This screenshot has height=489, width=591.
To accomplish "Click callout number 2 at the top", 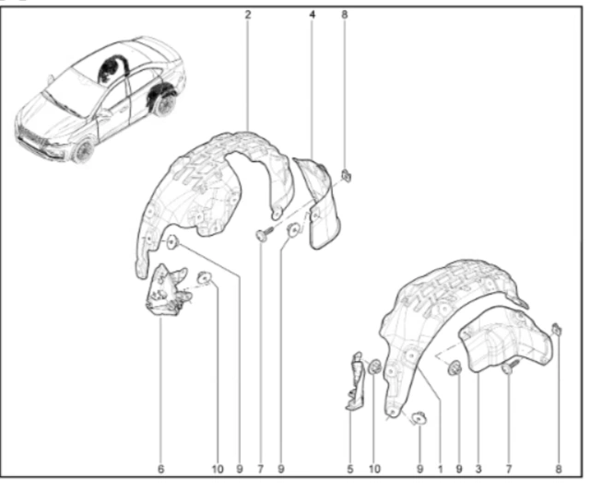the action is [x=248, y=15].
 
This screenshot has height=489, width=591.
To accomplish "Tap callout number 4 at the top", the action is [x=312, y=15].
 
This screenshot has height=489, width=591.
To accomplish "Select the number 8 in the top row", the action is [x=345, y=15].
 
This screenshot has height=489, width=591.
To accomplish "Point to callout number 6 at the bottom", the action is [x=161, y=469].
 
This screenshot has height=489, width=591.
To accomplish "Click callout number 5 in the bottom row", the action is [x=350, y=469].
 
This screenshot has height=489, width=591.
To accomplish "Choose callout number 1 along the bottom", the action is [x=440, y=469].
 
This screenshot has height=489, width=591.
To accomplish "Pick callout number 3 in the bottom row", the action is [x=479, y=469].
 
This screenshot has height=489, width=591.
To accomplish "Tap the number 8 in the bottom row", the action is [x=558, y=469].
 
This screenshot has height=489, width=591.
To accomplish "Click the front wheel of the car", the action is [x=84, y=151].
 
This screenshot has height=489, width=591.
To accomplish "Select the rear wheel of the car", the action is [x=163, y=105].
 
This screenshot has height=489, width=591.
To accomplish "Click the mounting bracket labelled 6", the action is [x=166, y=290].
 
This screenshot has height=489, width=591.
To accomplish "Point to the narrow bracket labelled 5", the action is [x=355, y=380].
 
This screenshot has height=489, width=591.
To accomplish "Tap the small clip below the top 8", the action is [x=346, y=175].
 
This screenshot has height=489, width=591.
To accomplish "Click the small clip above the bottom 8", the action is [x=557, y=330].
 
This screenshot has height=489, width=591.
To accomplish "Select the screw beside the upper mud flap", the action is [x=264, y=233].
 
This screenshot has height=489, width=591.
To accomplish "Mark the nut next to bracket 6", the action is [x=205, y=277].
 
